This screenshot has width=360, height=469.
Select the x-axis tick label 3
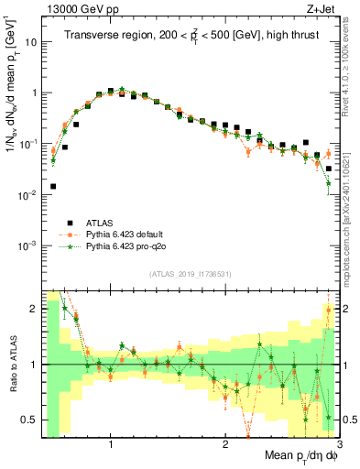click(339, 445)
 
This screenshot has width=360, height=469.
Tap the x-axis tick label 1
click(111, 445)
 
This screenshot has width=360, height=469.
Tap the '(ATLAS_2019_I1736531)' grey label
click(191, 274)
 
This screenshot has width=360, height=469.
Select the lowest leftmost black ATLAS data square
click(53, 186)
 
